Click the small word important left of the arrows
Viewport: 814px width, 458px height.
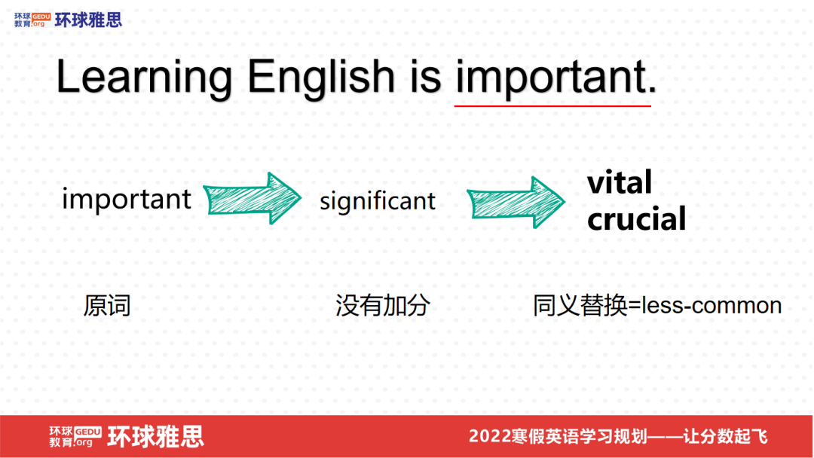tap(127, 200)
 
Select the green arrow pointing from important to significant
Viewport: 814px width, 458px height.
tap(252, 200)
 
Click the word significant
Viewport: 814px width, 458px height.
tap(378, 201)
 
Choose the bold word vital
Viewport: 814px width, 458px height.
tap(620, 182)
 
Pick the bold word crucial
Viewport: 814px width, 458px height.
tap(637, 219)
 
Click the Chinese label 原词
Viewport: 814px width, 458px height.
tap(107, 305)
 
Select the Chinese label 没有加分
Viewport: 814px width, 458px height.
tap(383, 305)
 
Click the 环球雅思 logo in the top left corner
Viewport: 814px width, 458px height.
tap(68, 20)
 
